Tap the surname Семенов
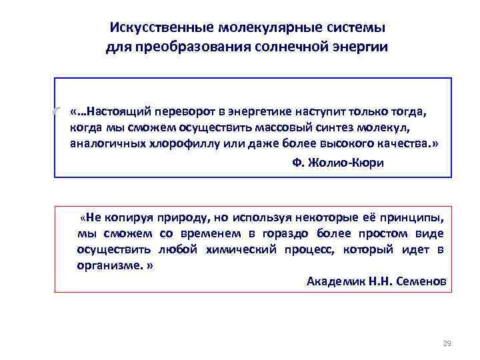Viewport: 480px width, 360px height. pyautogui.click(x=419, y=281)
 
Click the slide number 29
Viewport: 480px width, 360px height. pyautogui.click(x=447, y=343)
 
